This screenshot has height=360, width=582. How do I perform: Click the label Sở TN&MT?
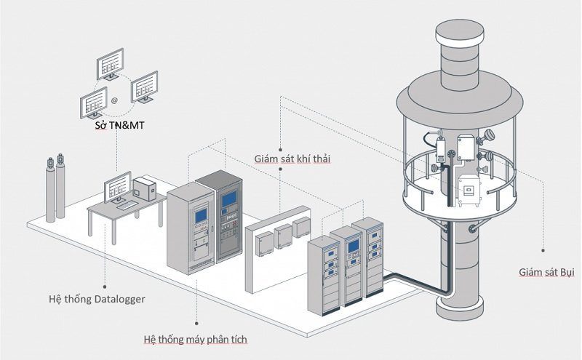coord(120,127)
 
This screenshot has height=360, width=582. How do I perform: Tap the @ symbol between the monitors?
coord(114,97)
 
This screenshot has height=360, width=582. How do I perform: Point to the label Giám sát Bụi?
coord(546,273)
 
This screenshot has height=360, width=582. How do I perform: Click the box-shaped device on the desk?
coord(145,188)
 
